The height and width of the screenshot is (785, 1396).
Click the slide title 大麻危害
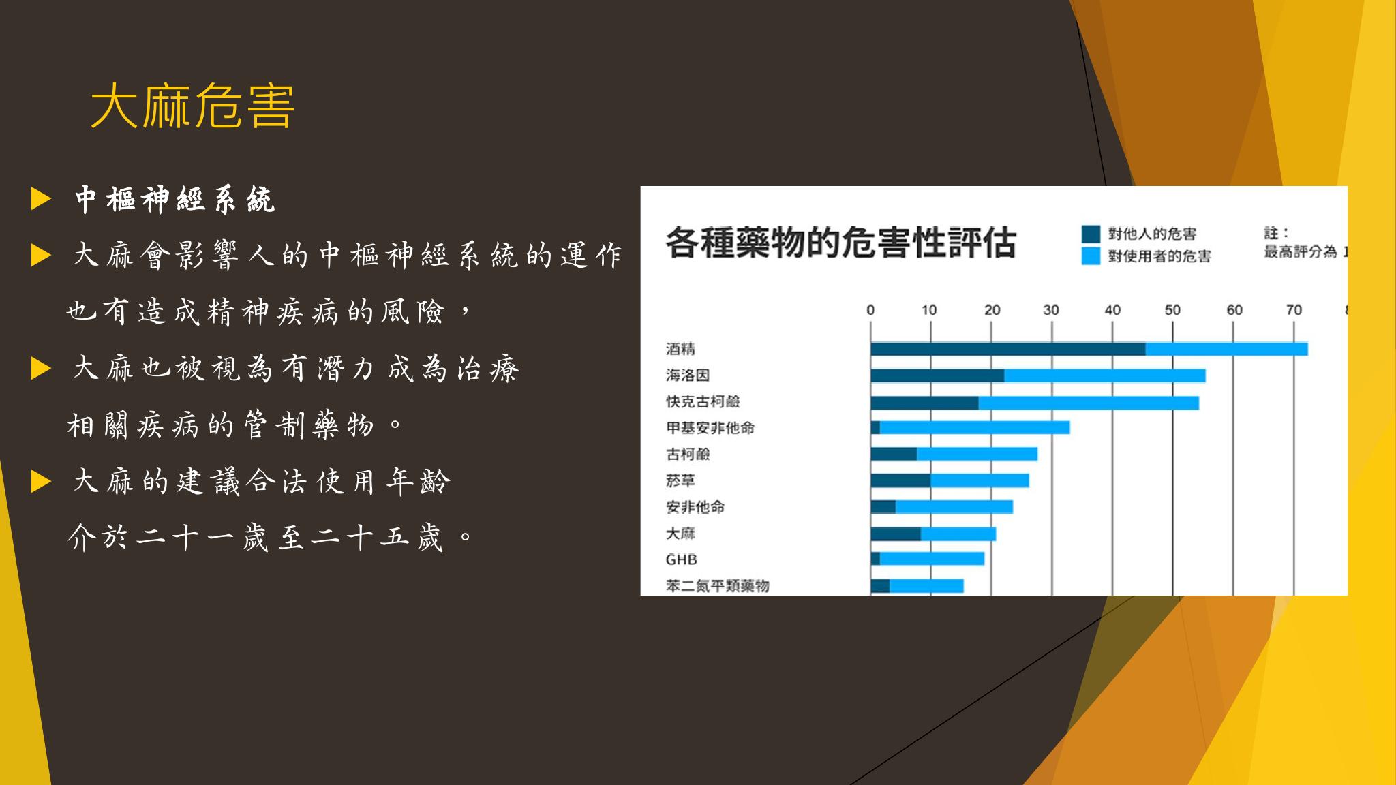tap(192, 106)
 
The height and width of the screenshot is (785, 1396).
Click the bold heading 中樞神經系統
tap(174, 200)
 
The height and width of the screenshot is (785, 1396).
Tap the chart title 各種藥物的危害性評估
tap(840, 243)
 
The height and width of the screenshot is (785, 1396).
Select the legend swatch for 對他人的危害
tap(1091, 234)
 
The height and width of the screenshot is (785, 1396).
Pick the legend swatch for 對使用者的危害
tap(1091, 256)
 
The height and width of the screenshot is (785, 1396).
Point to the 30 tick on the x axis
tap(1051, 310)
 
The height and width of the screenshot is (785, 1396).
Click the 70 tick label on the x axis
tap(1294, 310)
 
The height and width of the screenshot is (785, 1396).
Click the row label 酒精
tap(680, 349)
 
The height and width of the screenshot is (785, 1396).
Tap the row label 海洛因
tap(688, 375)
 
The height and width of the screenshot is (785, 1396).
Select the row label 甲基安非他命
tap(710, 428)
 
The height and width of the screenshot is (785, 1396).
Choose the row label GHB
tap(681, 559)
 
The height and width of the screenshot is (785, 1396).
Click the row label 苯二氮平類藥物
tap(718, 586)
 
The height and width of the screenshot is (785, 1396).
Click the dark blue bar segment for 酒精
tap(1008, 349)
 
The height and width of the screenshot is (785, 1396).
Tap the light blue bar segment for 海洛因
tap(1105, 375)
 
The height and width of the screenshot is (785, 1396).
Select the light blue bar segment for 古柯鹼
tap(977, 454)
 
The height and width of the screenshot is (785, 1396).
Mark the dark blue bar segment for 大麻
tap(896, 534)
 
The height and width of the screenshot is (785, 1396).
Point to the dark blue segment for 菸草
tap(900, 480)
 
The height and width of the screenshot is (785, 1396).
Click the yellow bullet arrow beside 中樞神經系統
tap(41, 200)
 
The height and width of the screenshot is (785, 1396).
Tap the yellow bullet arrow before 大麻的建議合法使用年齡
tap(41, 482)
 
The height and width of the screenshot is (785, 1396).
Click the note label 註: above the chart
tap(1276, 233)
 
